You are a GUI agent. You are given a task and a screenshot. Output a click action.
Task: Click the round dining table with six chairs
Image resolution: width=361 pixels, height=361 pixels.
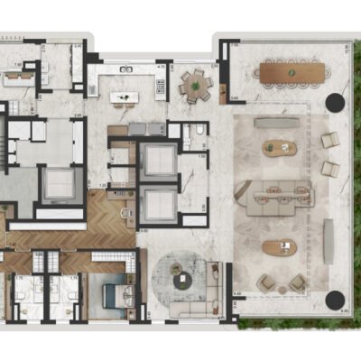[x=192, y=86]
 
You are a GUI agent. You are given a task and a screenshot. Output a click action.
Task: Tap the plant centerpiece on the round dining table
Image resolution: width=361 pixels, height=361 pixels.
[x=192, y=86]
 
